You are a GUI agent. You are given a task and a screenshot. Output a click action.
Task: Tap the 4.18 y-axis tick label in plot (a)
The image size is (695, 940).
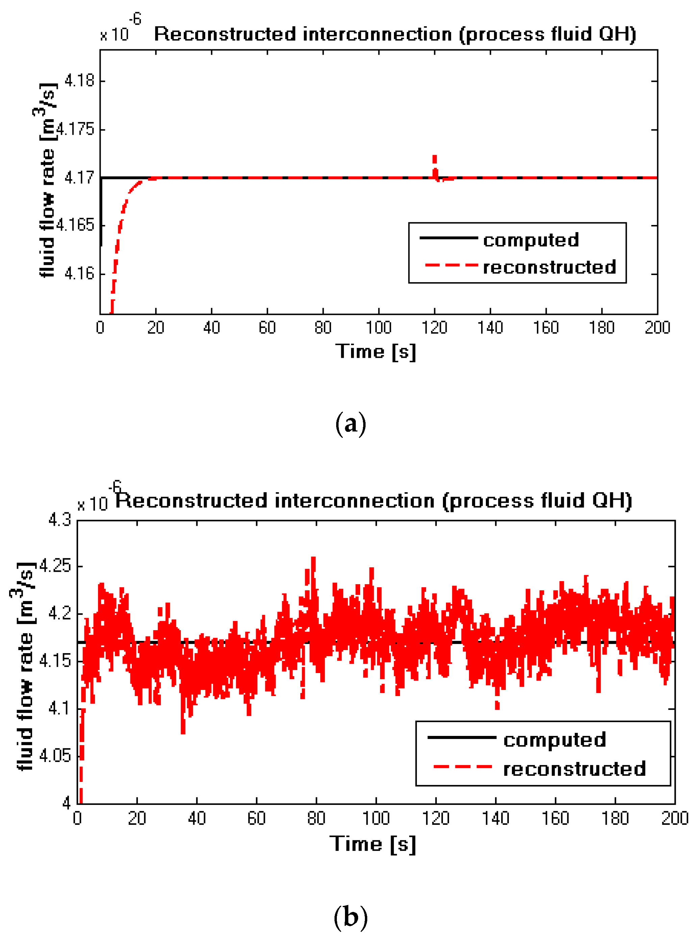(79, 80)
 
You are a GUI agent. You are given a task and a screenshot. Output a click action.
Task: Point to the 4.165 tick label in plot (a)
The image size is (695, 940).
(75, 225)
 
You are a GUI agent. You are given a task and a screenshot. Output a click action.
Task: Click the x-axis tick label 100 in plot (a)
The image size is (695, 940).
(379, 327)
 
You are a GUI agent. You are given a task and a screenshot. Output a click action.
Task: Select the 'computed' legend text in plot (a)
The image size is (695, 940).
(531, 240)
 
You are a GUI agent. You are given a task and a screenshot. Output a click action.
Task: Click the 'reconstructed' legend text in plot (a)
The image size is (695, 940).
(549, 267)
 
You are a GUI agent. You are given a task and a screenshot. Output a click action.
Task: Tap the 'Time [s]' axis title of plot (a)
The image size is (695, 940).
(375, 352)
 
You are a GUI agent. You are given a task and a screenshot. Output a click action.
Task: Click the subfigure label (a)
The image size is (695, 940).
(350, 424)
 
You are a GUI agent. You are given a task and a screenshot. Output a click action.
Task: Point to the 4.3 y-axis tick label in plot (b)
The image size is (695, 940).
(60, 520)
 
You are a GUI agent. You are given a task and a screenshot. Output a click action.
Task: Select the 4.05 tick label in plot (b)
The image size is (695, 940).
(55, 756)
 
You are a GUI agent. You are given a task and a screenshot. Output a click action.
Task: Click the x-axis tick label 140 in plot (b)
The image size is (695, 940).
(496, 818)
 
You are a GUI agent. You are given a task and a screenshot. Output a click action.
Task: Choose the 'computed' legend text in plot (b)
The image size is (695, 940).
(554, 740)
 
